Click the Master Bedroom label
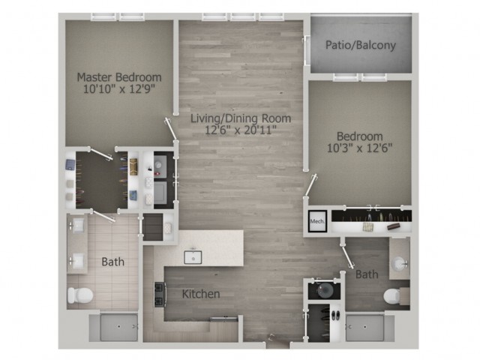click(118, 76)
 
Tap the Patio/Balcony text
click(360, 45)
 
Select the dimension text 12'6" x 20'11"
click(239, 130)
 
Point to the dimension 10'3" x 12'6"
click(359, 148)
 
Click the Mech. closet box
click(316, 222)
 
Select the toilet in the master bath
click(79, 295)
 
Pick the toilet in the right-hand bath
click(395, 296)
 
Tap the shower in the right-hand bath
click(370, 328)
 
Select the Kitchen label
click(201, 293)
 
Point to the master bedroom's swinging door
click(173, 130)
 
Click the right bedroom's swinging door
click(310, 184)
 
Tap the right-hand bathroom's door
click(347, 255)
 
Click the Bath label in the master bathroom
click(112, 262)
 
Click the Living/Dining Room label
click(239, 118)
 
